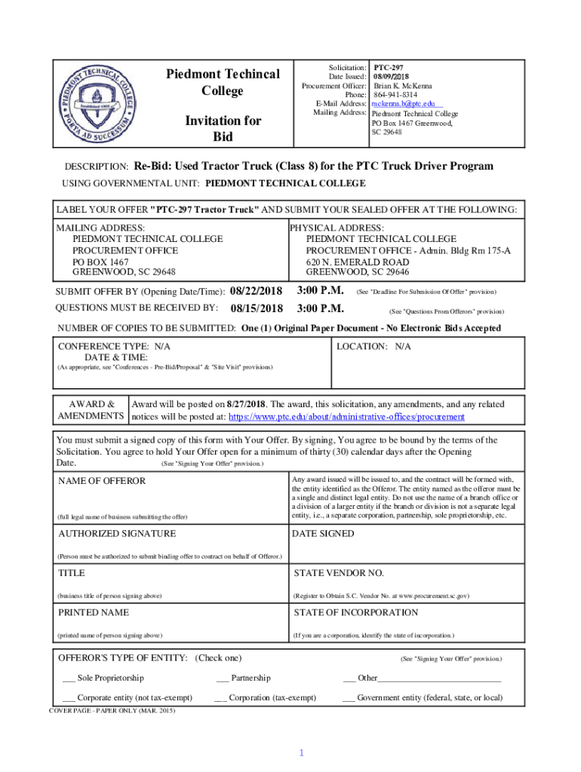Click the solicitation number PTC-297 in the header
pyautogui.click(x=389, y=68)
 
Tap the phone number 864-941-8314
pyautogui.click(x=395, y=94)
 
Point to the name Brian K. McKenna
pyautogui.click(x=403, y=85)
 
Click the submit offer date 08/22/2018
pyautogui.click(x=256, y=291)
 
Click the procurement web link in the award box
pyautogui.click(x=346, y=417)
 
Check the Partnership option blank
pyautogui.click(x=222, y=679)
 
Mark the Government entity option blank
pyautogui.click(x=349, y=698)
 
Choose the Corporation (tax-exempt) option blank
pyautogui.click(x=221, y=698)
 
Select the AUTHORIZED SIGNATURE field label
pyautogui.click(x=117, y=533)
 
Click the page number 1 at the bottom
pyautogui.click(x=300, y=754)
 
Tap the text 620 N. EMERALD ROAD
pyautogui.click(x=357, y=262)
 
